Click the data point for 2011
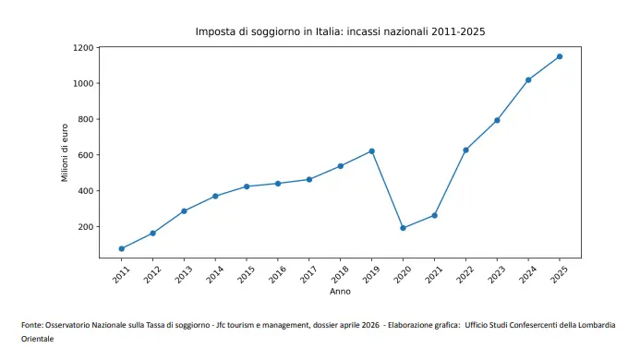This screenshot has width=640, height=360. (x=121, y=248)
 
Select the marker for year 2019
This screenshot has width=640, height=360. (x=371, y=151)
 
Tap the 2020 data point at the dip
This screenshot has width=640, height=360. (x=403, y=228)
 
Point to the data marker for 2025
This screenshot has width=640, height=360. (x=559, y=56)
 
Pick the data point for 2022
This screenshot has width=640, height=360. (x=465, y=150)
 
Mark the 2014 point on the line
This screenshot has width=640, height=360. (x=215, y=196)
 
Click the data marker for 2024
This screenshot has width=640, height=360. (x=528, y=79)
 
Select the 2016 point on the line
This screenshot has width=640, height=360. (x=277, y=184)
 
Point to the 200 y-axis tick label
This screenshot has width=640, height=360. (x=86, y=227)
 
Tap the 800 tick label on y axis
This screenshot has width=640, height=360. (x=86, y=119)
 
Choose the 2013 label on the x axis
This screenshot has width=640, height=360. (x=183, y=274)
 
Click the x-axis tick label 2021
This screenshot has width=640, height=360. (x=433, y=274)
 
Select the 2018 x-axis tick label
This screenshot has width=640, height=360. (x=339, y=274)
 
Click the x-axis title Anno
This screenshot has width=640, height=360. (x=340, y=292)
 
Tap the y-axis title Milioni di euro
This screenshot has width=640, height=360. (x=66, y=151)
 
